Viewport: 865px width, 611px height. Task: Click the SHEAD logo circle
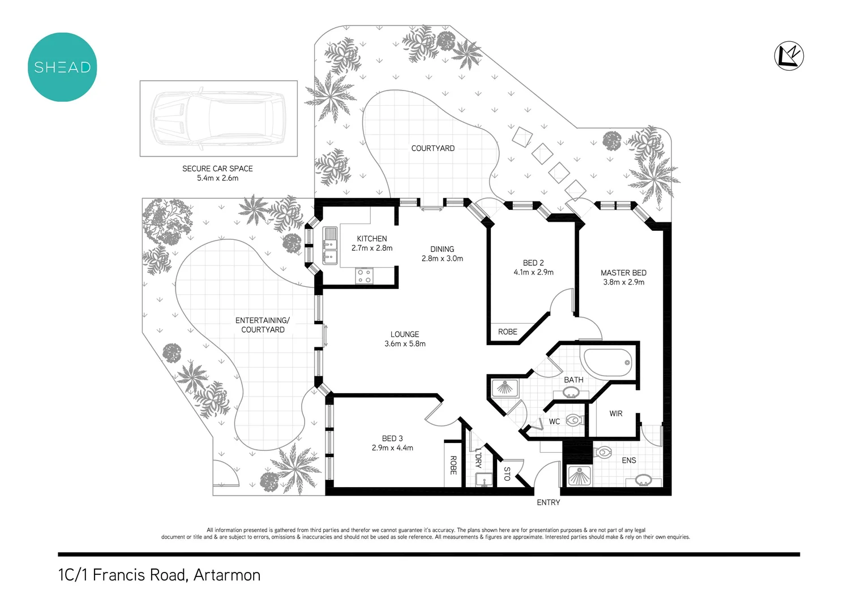(x=62, y=67)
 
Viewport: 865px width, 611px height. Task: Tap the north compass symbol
(x=789, y=55)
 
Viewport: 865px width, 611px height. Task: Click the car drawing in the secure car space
(x=218, y=118)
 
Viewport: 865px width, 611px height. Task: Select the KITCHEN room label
(x=372, y=239)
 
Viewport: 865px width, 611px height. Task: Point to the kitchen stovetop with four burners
(x=364, y=276)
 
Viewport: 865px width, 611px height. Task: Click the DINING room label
(x=442, y=249)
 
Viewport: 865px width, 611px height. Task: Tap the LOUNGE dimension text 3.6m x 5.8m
(x=405, y=344)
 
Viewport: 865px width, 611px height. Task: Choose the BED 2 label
(x=533, y=263)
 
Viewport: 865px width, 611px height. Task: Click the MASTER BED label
(x=623, y=273)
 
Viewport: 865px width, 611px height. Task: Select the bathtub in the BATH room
(x=607, y=363)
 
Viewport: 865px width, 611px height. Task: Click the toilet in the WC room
(x=574, y=420)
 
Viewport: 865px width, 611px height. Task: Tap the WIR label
(x=616, y=414)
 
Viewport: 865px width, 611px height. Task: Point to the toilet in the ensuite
(x=603, y=453)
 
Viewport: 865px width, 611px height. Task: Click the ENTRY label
(x=548, y=502)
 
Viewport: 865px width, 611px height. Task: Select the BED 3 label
(x=392, y=438)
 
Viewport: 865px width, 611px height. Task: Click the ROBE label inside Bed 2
(x=508, y=332)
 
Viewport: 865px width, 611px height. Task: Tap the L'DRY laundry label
(x=478, y=458)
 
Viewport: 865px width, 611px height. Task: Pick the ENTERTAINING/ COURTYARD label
(x=263, y=325)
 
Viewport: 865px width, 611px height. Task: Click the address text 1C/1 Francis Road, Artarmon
(x=159, y=575)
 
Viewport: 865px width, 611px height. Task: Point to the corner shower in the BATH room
(x=503, y=388)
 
